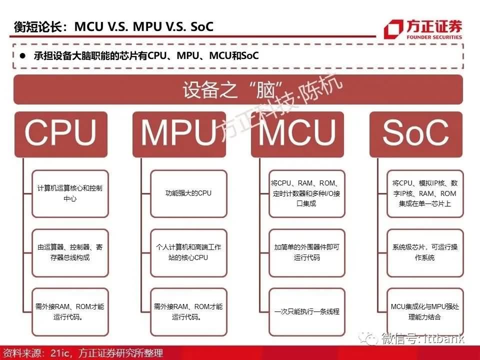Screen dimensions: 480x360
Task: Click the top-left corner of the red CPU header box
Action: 14,112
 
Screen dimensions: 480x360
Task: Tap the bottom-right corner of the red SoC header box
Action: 462,157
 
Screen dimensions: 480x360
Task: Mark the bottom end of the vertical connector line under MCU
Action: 259,312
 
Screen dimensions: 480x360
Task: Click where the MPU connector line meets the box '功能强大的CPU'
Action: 150,194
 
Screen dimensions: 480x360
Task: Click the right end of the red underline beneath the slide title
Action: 376,36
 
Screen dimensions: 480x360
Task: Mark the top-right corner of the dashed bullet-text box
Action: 463,44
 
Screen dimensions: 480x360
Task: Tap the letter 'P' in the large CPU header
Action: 63,132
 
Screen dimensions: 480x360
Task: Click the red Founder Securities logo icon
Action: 393,29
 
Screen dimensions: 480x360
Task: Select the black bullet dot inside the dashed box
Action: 22,55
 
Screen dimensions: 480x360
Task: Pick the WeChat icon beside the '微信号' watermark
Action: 368,339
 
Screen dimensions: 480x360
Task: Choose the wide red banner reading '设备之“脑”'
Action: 238,89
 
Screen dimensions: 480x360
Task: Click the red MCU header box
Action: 297,134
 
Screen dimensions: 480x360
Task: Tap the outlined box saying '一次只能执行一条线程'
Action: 306,312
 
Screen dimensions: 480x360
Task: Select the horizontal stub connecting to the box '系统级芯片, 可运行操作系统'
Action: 382,253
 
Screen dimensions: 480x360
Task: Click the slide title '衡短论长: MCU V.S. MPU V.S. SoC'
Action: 113,26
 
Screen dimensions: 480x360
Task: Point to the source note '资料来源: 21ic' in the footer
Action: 36,353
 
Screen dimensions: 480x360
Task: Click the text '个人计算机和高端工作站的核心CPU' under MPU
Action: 188,252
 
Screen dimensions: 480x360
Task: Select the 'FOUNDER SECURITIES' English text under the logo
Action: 434,37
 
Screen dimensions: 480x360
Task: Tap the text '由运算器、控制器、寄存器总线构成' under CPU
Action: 70,252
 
